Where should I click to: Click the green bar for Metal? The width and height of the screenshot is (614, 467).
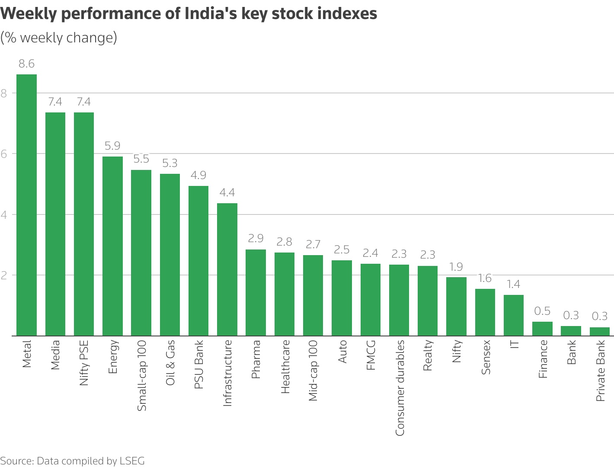tap(26, 205)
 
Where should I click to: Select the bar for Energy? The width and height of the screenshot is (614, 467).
tap(112, 246)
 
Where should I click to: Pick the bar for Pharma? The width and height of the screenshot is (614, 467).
tap(256, 293)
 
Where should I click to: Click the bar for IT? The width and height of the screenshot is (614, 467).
tap(514, 315)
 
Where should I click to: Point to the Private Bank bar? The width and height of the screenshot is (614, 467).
tap(600, 331)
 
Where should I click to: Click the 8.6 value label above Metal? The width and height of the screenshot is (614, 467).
tap(26, 64)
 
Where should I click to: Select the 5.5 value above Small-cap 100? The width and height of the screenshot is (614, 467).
tap(141, 159)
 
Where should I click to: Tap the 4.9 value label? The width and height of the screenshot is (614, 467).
tap(198, 175)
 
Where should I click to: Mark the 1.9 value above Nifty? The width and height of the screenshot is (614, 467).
tap(456, 267)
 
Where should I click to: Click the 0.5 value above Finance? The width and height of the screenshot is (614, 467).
tap(542, 311)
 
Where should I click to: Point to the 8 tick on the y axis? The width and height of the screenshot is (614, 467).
tap(4, 93)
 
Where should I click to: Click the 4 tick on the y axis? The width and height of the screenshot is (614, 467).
tap(4, 214)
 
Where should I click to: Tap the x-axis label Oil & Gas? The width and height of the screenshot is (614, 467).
tap(170, 362)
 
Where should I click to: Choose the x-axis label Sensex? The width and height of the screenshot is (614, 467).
tap(486, 357)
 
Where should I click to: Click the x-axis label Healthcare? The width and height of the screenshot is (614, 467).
tap(285, 367)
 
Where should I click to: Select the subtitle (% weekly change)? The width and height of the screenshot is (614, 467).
tap(59, 38)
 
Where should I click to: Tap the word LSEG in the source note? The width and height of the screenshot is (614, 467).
tap(132, 461)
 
